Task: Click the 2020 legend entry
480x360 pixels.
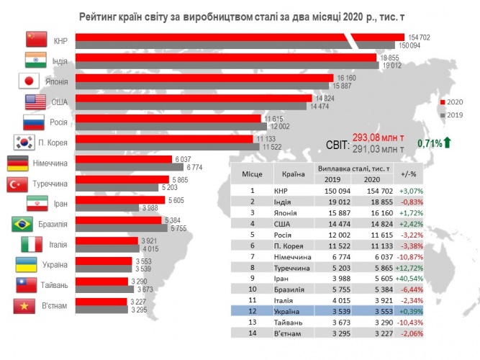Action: (x=453, y=102)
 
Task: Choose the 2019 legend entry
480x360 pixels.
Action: (x=453, y=114)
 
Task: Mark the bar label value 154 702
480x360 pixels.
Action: (x=420, y=36)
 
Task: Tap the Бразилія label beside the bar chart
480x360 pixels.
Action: (x=49, y=225)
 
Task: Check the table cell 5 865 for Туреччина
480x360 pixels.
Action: (x=373, y=266)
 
